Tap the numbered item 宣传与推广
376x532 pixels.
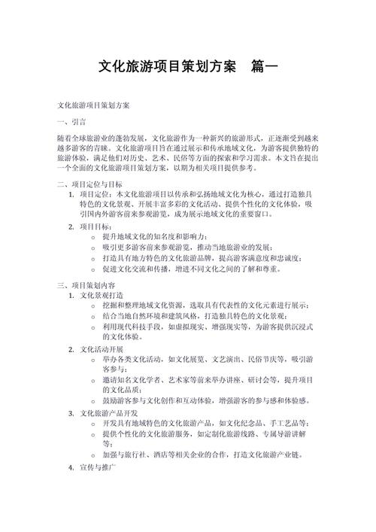pyautogui.click(x=97, y=467)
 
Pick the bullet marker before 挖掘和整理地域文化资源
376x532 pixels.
pyautogui.click(x=92, y=306)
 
